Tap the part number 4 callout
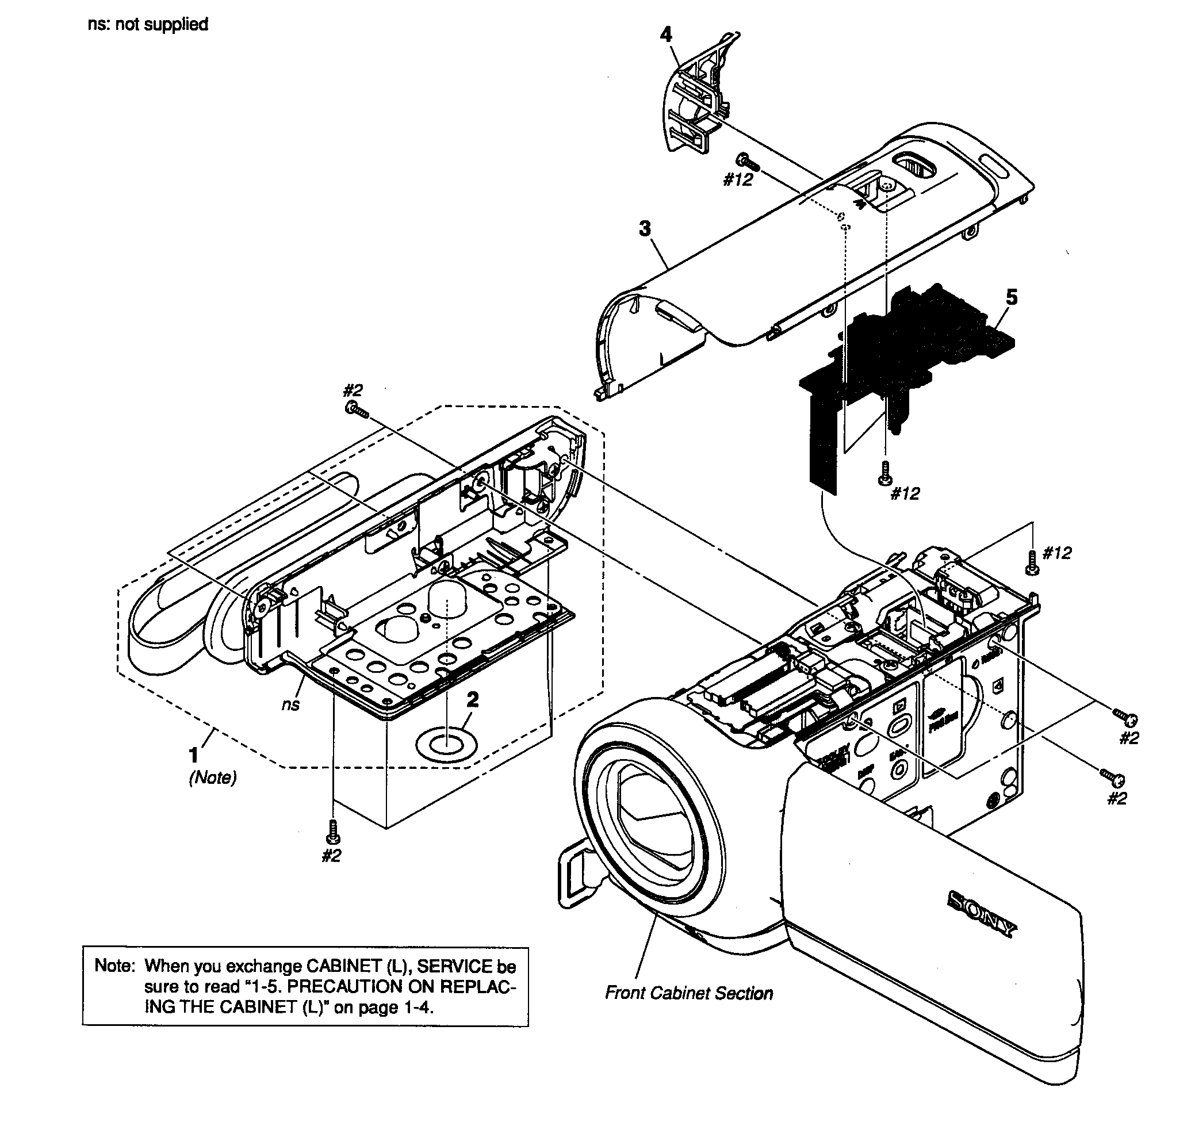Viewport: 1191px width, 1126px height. click(x=666, y=35)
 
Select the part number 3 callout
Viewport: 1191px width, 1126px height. click(x=645, y=229)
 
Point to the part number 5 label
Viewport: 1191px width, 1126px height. click(x=1012, y=297)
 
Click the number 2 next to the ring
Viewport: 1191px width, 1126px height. click(x=473, y=699)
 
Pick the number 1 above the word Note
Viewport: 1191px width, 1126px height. click(x=193, y=755)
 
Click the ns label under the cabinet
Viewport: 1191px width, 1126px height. click(x=290, y=704)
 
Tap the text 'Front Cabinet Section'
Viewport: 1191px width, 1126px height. click(x=688, y=993)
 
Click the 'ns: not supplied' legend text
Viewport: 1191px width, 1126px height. click(x=148, y=25)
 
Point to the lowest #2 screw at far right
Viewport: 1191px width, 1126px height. click(x=1113, y=778)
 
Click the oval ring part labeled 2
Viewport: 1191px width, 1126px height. click(x=447, y=745)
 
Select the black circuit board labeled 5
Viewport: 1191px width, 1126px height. click(x=918, y=342)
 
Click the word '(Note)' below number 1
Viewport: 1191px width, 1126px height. click(x=213, y=778)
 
